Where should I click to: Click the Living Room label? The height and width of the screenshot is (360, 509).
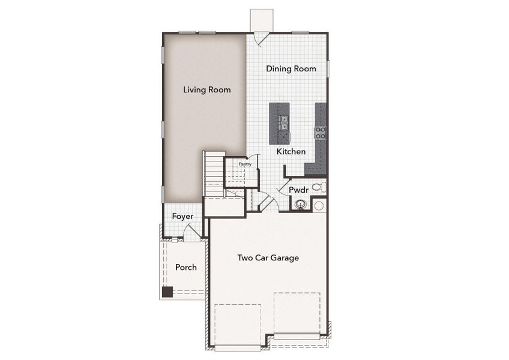point(207,90)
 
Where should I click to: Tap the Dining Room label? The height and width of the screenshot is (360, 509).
point(291,69)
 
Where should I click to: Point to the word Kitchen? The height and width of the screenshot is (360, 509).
point(291,152)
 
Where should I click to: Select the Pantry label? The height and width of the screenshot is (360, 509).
point(245,163)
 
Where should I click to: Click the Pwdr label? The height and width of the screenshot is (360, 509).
point(298,190)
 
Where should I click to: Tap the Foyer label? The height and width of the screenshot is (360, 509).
point(182,216)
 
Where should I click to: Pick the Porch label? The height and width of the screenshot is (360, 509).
point(185,267)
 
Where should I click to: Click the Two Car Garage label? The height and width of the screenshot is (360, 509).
point(268,258)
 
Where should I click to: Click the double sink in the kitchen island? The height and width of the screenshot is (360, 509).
point(283,123)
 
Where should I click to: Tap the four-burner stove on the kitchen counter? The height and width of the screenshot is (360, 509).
point(321,133)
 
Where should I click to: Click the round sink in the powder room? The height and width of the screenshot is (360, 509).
point(302,205)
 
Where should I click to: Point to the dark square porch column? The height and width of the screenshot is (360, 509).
point(167,292)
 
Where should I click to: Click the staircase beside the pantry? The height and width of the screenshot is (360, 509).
point(213,171)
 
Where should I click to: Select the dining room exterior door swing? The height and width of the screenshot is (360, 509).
point(259,37)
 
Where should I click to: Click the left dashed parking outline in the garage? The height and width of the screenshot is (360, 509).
point(238,324)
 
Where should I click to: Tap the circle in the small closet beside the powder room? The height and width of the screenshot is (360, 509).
point(319,205)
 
